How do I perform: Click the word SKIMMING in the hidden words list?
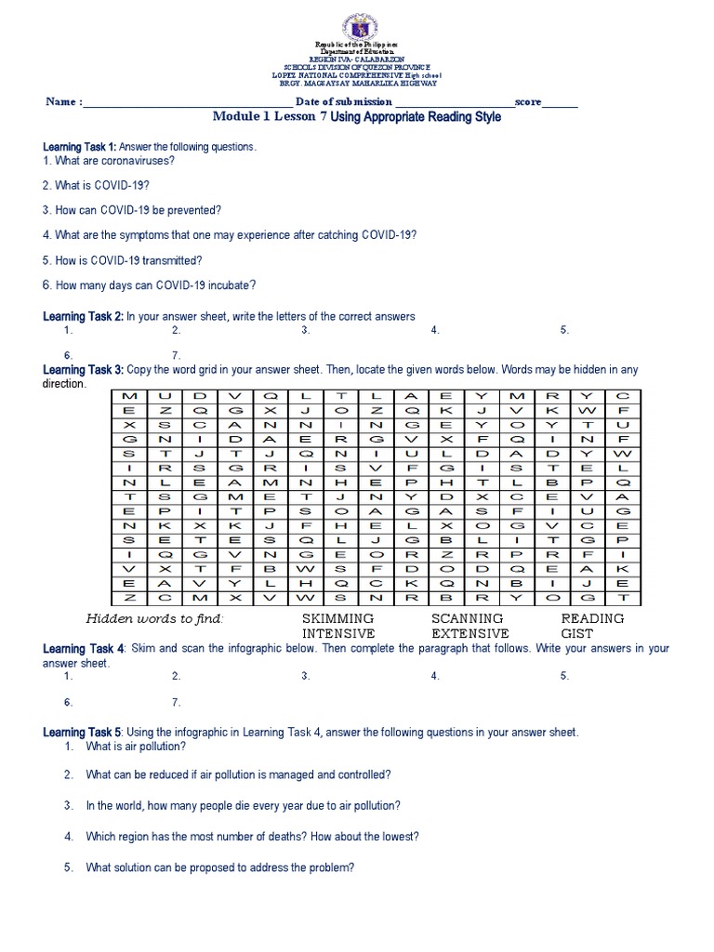click(x=337, y=618)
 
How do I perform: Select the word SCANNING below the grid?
click(x=467, y=618)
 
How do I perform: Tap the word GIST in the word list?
click(x=576, y=633)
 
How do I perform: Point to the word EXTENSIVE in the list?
click(x=470, y=633)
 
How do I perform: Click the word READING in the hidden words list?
click(x=592, y=618)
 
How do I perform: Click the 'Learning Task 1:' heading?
click(x=80, y=147)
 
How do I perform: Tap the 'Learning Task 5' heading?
click(x=83, y=733)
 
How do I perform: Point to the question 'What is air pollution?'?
click(x=135, y=747)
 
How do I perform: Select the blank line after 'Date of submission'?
click(x=454, y=103)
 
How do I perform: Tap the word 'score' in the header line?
click(x=528, y=102)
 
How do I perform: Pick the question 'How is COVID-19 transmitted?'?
click(x=122, y=260)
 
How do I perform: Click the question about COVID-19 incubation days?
click(x=149, y=285)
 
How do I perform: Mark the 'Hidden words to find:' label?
click(x=155, y=619)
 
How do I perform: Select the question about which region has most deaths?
click(x=252, y=837)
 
